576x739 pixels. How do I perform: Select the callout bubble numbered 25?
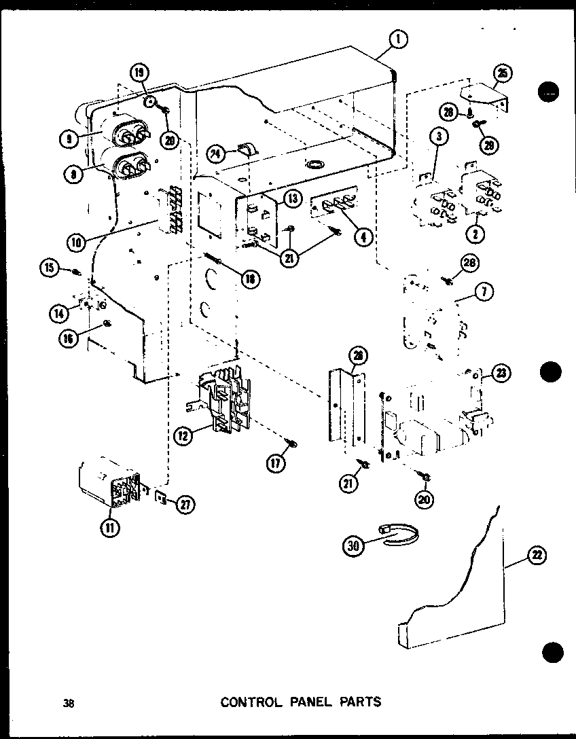coord(504,73)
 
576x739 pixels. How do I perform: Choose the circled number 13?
coord(292,198)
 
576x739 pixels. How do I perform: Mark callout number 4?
coord(364,237)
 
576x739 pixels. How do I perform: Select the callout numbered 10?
coord(77,240)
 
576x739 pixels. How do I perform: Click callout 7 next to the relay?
coord(484,293)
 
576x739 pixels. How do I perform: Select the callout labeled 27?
coord(185,503)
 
